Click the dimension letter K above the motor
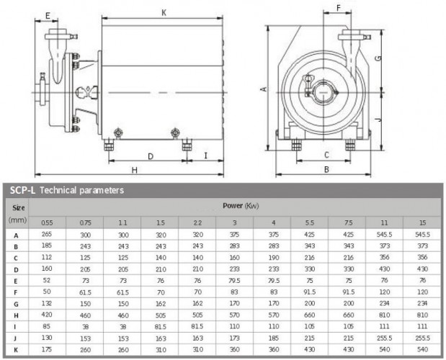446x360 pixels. pyautogui.click(x=164, y=12)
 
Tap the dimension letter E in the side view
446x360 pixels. pyautogui.click(x=47, y=15)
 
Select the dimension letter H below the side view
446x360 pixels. pyautogui.click(x=135, y=169)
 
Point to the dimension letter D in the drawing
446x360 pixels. pyautogui.click(x=150, y=156)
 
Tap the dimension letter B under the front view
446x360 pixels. pyautogui.click(x=326, y=169)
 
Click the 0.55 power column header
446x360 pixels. pyautogui.click(x=46, y=222)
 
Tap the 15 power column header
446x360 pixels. pyautogui.click(x=423, y=222)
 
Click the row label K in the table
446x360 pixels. pyautogui.click(x=16, y=349)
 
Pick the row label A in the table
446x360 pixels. pyautogui.click(x=16, y=234)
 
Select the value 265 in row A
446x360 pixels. pyautogui.click(x=46, y=234)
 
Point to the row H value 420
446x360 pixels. pyautogui.click(x=46, y=315)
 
